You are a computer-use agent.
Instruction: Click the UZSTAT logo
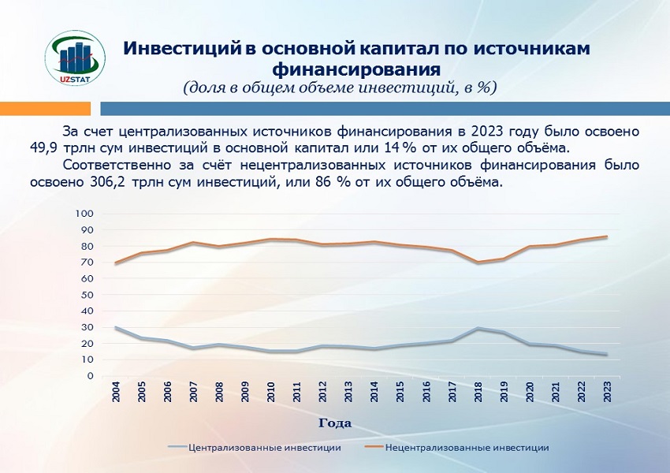[x=75, y=58]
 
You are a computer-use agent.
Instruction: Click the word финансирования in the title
[x=356, y=69]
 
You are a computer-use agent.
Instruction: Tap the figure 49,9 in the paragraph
[x=43, y=148]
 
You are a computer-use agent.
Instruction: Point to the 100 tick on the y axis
[x=84, y=213]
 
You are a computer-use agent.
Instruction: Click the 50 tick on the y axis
[x=87, y=295]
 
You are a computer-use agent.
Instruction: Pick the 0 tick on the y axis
[x=90, y=376]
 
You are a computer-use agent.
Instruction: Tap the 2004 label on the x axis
[x=116, y=391]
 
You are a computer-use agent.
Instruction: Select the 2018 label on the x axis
[x=478, y=391]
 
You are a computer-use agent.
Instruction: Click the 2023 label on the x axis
[x=607, y=391]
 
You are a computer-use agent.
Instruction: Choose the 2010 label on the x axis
[x=271, y=391]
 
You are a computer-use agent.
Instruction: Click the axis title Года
[x=335, y=423]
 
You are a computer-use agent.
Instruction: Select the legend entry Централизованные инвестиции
[x=255, y=447]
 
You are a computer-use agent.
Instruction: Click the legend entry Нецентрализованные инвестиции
[x=456, y=447]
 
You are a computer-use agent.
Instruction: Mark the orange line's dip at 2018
[x=478, y=262]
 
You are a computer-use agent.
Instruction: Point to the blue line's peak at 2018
[x=478, y=328]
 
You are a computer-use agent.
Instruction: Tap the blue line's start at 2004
[x=116, y=327]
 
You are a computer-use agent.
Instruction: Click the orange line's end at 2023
[x=607, y=236]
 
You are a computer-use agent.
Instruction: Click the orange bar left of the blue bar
[x=45, y=109]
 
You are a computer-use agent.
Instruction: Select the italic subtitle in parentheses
[x=341, y=88]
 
